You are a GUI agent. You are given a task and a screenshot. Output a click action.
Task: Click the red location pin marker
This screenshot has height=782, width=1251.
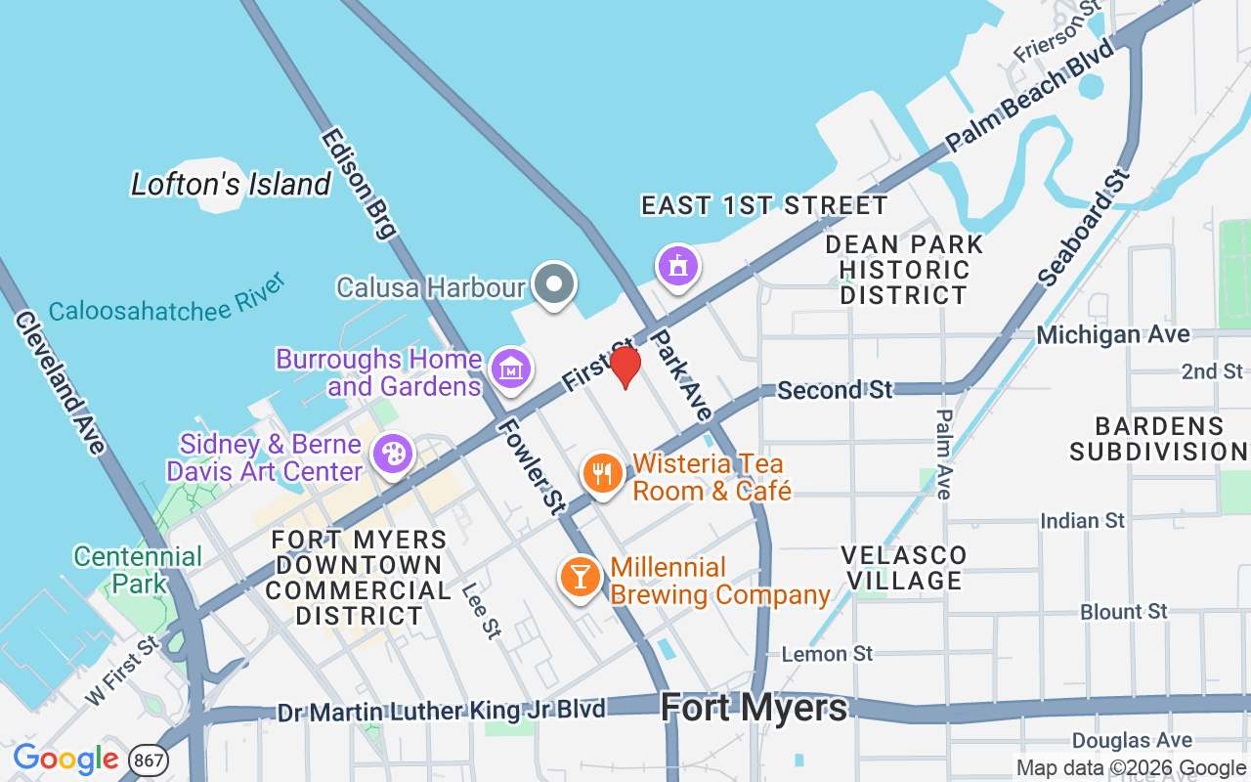point(625,367)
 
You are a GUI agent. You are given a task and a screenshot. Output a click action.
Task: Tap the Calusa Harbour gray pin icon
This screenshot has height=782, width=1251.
point(555,284)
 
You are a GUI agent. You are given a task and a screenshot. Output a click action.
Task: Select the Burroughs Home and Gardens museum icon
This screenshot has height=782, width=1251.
point(511,369)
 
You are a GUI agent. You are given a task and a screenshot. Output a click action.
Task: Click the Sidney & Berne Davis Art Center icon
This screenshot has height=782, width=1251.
point(393,455)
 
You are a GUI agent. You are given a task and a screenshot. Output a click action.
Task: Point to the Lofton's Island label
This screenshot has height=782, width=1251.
point(232,184)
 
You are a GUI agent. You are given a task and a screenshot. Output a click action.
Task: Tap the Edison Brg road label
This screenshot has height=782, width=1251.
point(358,184)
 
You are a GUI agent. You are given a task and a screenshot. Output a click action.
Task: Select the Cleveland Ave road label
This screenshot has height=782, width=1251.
point(60,382)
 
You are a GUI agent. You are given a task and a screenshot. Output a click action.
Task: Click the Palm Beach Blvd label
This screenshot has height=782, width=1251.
point(1030,96)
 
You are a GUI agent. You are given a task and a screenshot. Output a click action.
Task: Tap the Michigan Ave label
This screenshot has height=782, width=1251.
point(1113,334)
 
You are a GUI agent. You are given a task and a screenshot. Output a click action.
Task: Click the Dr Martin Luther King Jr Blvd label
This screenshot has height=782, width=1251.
point(442,711)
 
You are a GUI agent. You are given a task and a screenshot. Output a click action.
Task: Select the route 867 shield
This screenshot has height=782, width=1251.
point(149,760)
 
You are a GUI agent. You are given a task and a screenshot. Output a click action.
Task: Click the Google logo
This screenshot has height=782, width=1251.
point(65,759)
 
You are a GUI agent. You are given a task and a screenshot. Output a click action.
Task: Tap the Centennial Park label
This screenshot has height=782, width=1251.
point(138,570)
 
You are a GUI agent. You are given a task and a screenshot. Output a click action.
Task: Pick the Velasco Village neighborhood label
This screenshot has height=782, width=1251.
point(904,568)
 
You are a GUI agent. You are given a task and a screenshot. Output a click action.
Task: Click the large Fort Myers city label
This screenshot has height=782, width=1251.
point(754,707)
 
